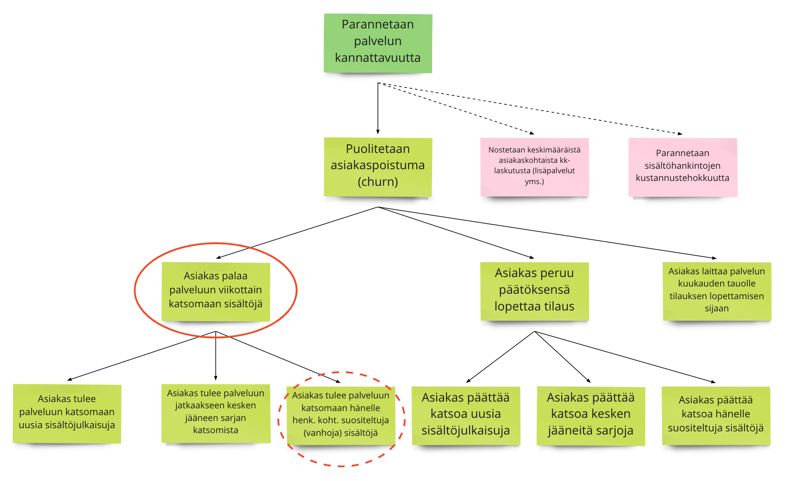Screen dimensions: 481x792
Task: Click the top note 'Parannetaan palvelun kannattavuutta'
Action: click(378, 43)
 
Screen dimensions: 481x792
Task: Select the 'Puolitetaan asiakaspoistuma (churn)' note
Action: click(378, 166)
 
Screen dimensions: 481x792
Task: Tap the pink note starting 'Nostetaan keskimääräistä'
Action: click(534, 166)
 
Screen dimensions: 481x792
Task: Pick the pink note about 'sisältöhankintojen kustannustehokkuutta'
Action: click(682, 166)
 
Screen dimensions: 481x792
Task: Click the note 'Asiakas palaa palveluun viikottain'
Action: click(216, 291)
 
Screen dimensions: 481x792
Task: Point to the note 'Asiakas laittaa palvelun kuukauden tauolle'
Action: click(717, 291)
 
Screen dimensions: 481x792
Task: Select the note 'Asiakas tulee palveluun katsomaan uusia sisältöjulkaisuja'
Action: click(67, 413)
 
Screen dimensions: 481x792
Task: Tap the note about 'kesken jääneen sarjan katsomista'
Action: click(216, 413)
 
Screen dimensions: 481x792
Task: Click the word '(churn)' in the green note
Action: click(378, 182)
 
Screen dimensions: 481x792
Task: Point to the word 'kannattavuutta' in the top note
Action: click(378, 58)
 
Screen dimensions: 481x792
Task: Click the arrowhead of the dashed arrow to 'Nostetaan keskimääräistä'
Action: click(532, 133)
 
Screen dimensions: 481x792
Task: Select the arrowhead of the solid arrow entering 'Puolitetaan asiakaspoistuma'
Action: click(378, 132)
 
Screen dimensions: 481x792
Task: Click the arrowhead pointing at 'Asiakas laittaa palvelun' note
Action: click(714, 258)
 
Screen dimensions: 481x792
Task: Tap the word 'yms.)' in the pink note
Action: click(534, 181)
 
